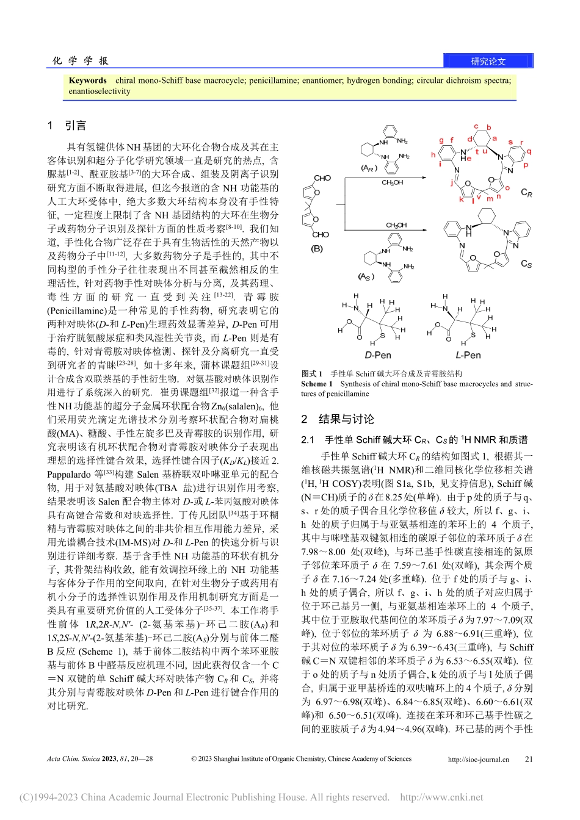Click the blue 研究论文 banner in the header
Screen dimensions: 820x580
[488, 61]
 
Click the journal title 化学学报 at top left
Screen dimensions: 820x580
[81, 60]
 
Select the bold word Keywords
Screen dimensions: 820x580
[87, 81]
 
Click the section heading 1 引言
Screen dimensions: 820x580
[67, 126]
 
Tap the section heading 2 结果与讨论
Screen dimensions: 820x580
[338, 419]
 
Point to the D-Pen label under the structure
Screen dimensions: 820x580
[377, 355]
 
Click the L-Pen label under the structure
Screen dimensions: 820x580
[468, 355]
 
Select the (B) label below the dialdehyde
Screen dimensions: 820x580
[317, 249]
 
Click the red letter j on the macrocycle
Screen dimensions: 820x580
[452, 182]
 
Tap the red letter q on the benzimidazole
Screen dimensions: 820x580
[529, 151]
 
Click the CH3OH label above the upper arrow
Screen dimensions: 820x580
[392, 182]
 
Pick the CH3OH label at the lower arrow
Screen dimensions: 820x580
[396, 225]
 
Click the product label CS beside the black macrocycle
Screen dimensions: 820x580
[526, 264]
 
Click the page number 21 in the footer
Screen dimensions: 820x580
[529, 760]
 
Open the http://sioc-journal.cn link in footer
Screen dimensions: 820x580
[478, 760]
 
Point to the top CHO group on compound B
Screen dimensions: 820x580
[322, 178]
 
